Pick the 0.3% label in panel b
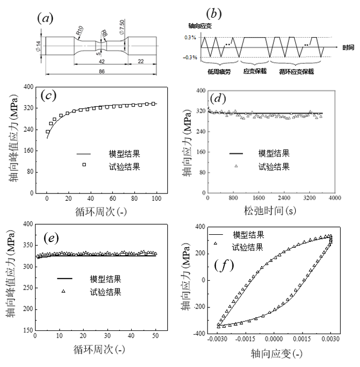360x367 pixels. (191, 38)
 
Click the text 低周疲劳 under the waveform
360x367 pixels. (216, 71)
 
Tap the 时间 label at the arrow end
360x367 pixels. (349, 48)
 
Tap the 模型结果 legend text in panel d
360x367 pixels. (274, 154)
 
